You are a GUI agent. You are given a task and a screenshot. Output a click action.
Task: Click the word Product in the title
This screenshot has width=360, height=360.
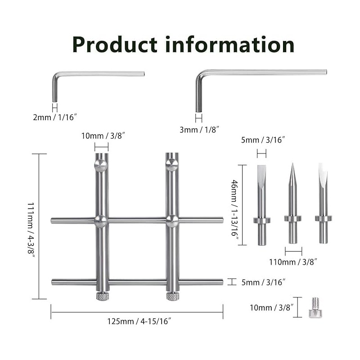[115, 45]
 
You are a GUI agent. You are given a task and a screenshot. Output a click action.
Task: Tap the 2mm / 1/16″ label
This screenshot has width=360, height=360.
[54, 117]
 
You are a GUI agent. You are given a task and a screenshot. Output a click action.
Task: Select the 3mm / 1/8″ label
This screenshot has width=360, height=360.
[199, 130]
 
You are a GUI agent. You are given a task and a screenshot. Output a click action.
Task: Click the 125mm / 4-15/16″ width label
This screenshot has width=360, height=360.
[139, 321]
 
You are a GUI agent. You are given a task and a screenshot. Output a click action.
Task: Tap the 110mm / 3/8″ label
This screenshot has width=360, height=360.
[293, 262]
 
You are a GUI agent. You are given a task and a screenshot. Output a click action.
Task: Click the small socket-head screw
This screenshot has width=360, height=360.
[315, 307]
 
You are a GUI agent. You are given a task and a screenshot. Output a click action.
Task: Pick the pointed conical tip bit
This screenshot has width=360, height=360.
[293, 203]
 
